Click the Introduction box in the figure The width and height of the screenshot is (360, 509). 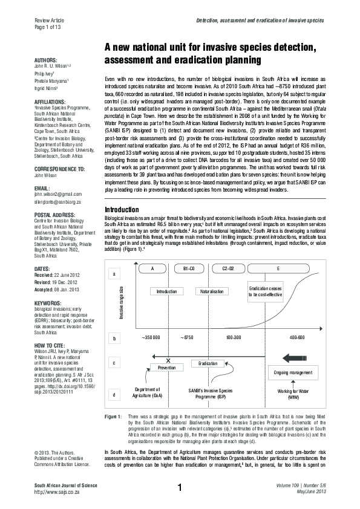(x=166, y=291)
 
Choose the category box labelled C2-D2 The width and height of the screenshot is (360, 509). (x=229, y=268)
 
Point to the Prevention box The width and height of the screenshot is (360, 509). (x=166, y=367)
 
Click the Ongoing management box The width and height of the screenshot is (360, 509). (x=293, y=372)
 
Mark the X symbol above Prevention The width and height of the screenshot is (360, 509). (x=168, y=360)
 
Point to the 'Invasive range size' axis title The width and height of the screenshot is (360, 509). (x=122, y=304)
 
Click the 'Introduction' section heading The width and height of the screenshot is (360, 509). (x=122, y=210)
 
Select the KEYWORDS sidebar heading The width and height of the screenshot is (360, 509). (x=47, y=302)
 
